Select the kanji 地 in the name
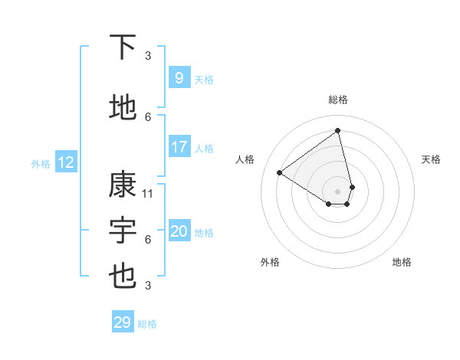point(123,108)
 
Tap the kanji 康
point(123,185)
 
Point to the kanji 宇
point(123,231)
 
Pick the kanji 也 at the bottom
point(123,277)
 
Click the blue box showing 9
point(179,78)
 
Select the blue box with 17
point(179,147)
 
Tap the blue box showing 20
point(179,231)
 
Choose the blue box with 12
point(65,162)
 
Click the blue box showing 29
point(123,322)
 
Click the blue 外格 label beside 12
point(40,163)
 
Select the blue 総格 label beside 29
point(147,324)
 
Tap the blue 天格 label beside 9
point(204,79)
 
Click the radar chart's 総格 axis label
point(338,100)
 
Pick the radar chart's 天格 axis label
point(432,159)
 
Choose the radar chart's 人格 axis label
point(245,159)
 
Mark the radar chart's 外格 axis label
point(270,262)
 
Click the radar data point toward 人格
point(280,172)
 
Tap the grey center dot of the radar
point(338,191)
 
